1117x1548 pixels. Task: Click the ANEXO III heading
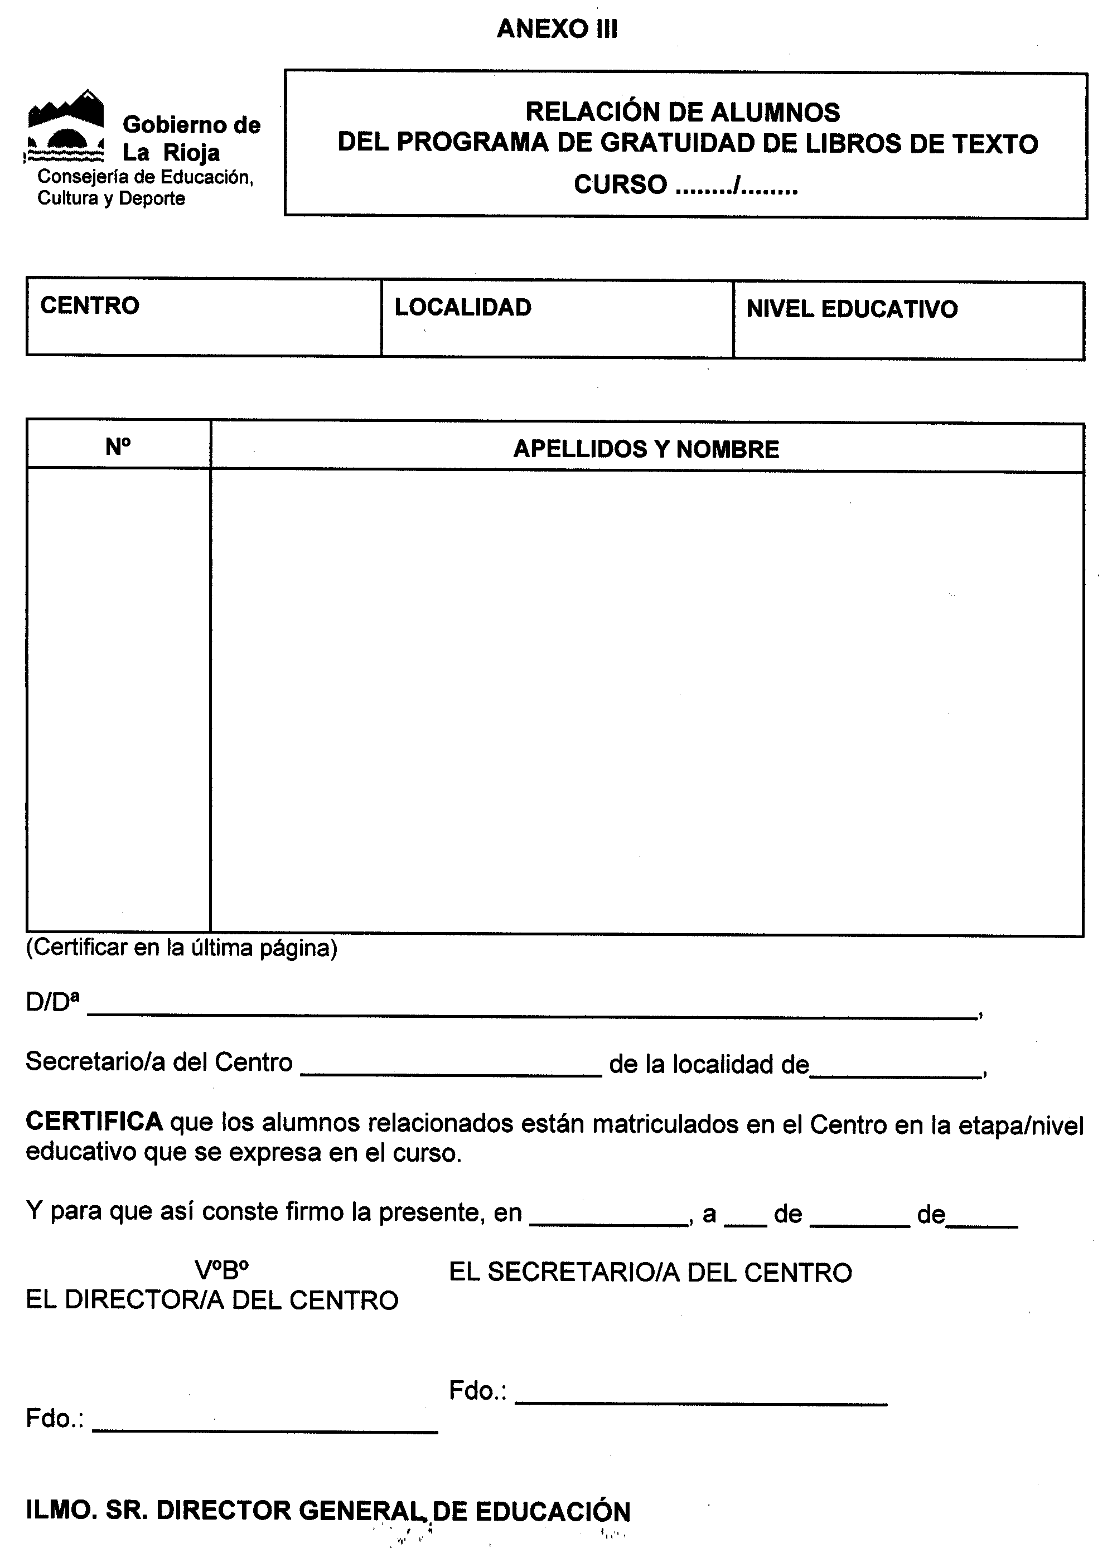click(x=557, y=28)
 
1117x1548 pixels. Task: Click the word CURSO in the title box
click(x=620, y=185)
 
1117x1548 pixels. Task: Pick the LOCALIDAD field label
click(x=462, y=307)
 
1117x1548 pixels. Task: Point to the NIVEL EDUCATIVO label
click(x=852, y=309)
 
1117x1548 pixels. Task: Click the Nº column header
click(x=118, y=447)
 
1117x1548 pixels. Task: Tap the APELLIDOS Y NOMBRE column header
click(x=646, y=449)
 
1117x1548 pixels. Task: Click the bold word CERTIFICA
click(x=94, y=1122)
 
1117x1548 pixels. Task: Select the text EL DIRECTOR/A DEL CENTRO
click(x=212, y=1300)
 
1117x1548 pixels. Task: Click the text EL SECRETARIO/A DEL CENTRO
click(x=650, y=1273)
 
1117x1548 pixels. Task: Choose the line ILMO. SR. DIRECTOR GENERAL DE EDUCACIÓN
click(x=328, y=1511)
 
